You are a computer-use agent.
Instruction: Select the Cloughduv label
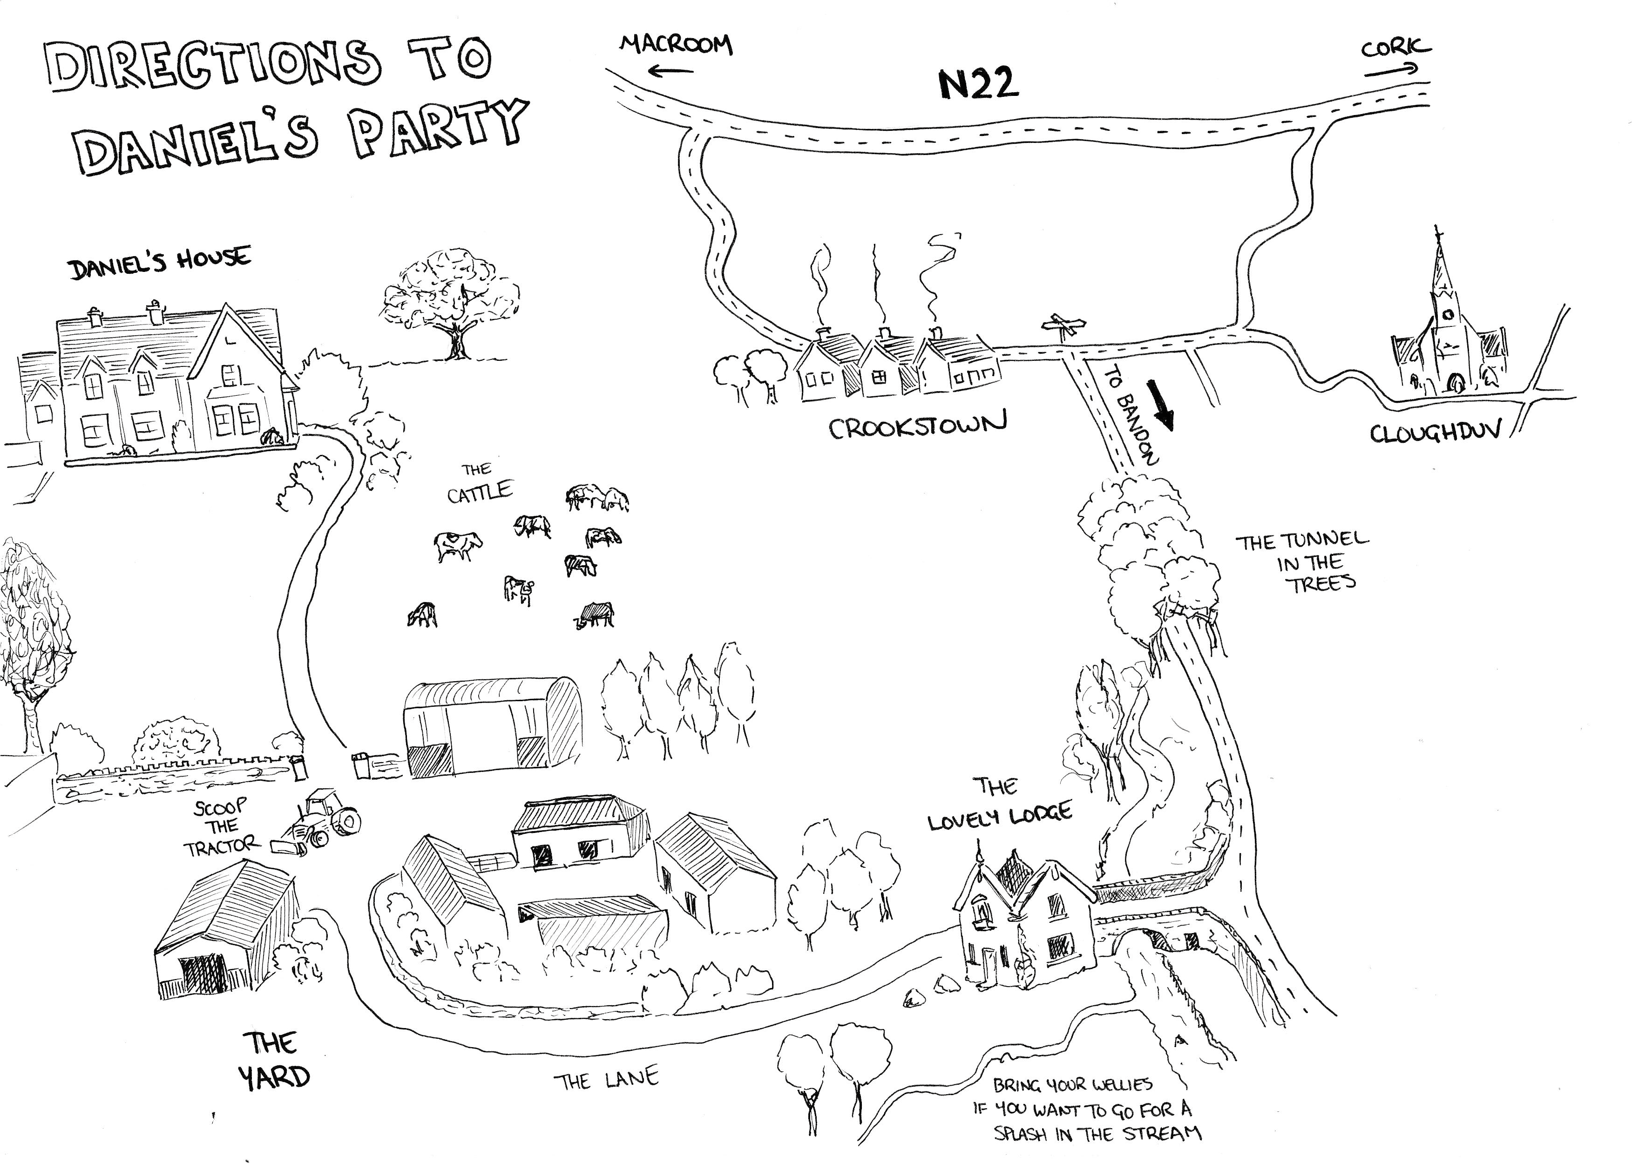pos(1434,433)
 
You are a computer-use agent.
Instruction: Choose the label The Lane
pos(606,1079)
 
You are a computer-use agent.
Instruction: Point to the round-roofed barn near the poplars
pos(493,727)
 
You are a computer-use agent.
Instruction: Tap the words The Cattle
pos(479,484)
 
